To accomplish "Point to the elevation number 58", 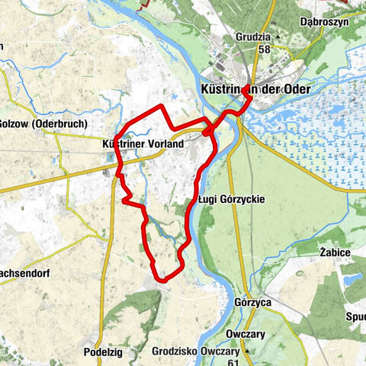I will [264, 49].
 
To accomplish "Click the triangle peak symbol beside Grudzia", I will [278, 37].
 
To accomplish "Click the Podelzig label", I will [104, 352].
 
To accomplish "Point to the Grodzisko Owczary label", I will [195, 352].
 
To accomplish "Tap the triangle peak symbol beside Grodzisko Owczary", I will [245, 352].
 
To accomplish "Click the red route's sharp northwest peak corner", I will [162, 106].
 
